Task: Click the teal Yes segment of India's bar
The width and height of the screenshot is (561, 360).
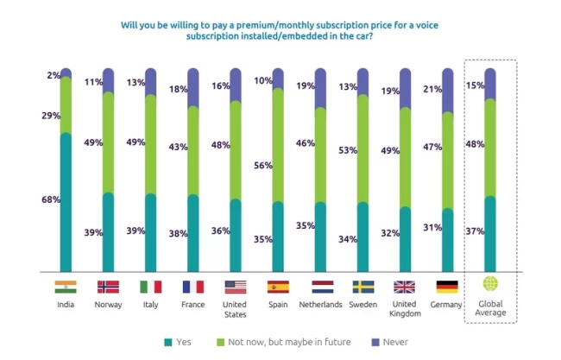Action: [x=66, y=203]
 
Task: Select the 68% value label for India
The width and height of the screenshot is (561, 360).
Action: [x=50, y=200]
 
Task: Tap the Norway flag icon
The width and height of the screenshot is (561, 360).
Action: [x=108, y=287]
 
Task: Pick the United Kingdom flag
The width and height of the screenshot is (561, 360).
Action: [x=405, y=287]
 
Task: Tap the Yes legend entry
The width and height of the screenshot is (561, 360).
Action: [x=177, y=341]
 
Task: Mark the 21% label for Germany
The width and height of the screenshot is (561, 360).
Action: [x=432, y=90]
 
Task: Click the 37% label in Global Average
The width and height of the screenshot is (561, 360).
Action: [x=475, y=231]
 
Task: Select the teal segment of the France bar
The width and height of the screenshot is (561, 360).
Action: [x=193, y=233]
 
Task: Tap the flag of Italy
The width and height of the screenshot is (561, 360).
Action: [x=150, y=287]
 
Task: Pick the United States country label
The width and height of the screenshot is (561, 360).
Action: [x=236, y=309]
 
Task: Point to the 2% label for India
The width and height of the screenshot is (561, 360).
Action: [x=53, y=76]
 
